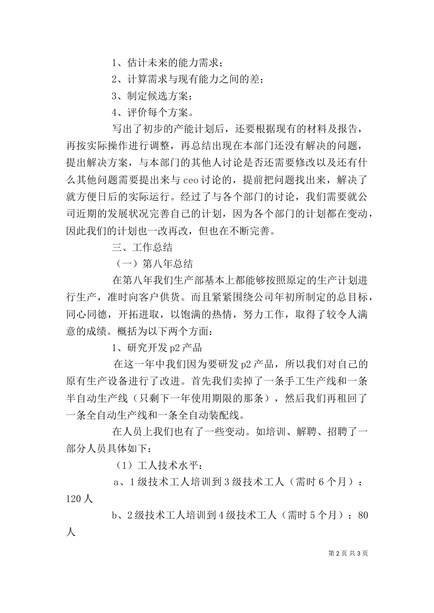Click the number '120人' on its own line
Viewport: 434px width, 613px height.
pyautogui.click(x=79, y=499)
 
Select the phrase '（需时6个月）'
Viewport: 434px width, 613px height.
pyautogui.click(x=323, y=483)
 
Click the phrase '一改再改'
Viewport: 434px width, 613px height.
pyautogui.click(x=169, y=230)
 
